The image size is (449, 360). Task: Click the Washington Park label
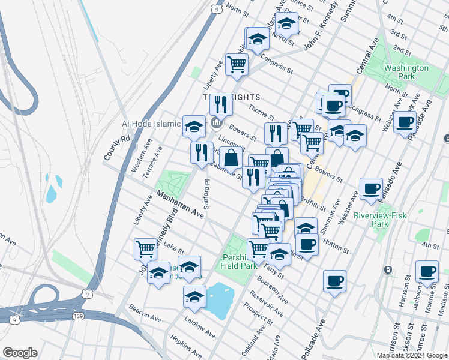coord(406,73)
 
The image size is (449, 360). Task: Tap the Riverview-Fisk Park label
coord(379,219)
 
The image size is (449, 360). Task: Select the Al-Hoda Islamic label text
coord(151,124)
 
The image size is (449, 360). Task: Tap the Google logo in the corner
coord(20,353)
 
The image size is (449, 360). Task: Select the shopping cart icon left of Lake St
coord(146,248)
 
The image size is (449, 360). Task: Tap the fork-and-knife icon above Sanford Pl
coord(201,152)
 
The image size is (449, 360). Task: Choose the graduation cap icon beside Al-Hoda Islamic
coord(193,126)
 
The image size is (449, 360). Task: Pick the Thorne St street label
coord(261,111)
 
